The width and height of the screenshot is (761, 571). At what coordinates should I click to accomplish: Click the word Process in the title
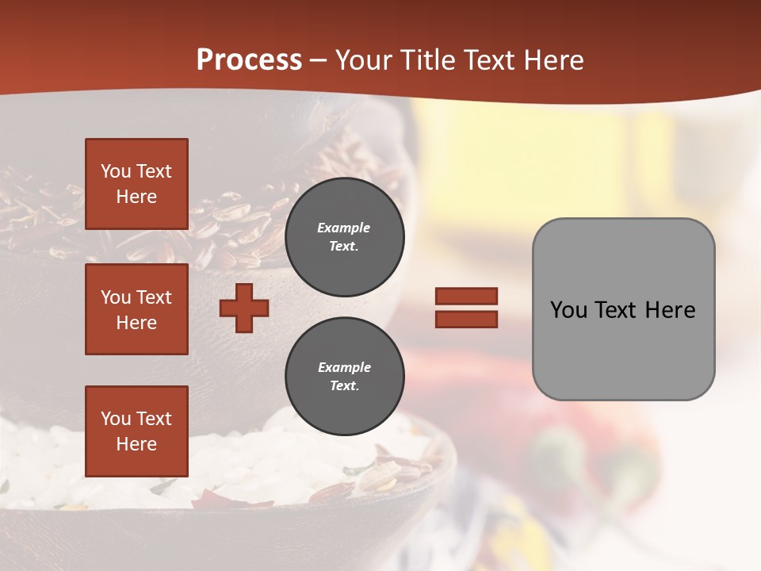coord(249,60)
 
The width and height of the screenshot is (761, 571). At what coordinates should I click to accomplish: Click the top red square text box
coord(136,184)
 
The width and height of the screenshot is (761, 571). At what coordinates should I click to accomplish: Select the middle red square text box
coord(136,309)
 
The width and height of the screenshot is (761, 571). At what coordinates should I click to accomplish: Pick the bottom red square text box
coord(136,431)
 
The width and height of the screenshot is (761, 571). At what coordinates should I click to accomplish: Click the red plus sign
coord(244,308)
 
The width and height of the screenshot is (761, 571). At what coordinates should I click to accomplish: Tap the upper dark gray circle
coord(344,236)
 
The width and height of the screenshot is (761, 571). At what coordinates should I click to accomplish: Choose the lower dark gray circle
coord(344,376)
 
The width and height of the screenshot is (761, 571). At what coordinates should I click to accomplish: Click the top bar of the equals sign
coord(466,296)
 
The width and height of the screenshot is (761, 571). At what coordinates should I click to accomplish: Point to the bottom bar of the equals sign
coord(466,319)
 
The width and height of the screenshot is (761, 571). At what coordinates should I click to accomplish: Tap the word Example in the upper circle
coord(344,228)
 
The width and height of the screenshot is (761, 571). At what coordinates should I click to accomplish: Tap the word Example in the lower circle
coord(344,367)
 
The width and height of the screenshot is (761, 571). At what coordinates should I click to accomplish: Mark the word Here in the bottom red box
coord(136,444)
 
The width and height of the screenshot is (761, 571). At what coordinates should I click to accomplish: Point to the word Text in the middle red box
coord(154,297)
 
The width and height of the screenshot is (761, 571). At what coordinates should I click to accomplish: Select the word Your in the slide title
coord(362,60)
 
